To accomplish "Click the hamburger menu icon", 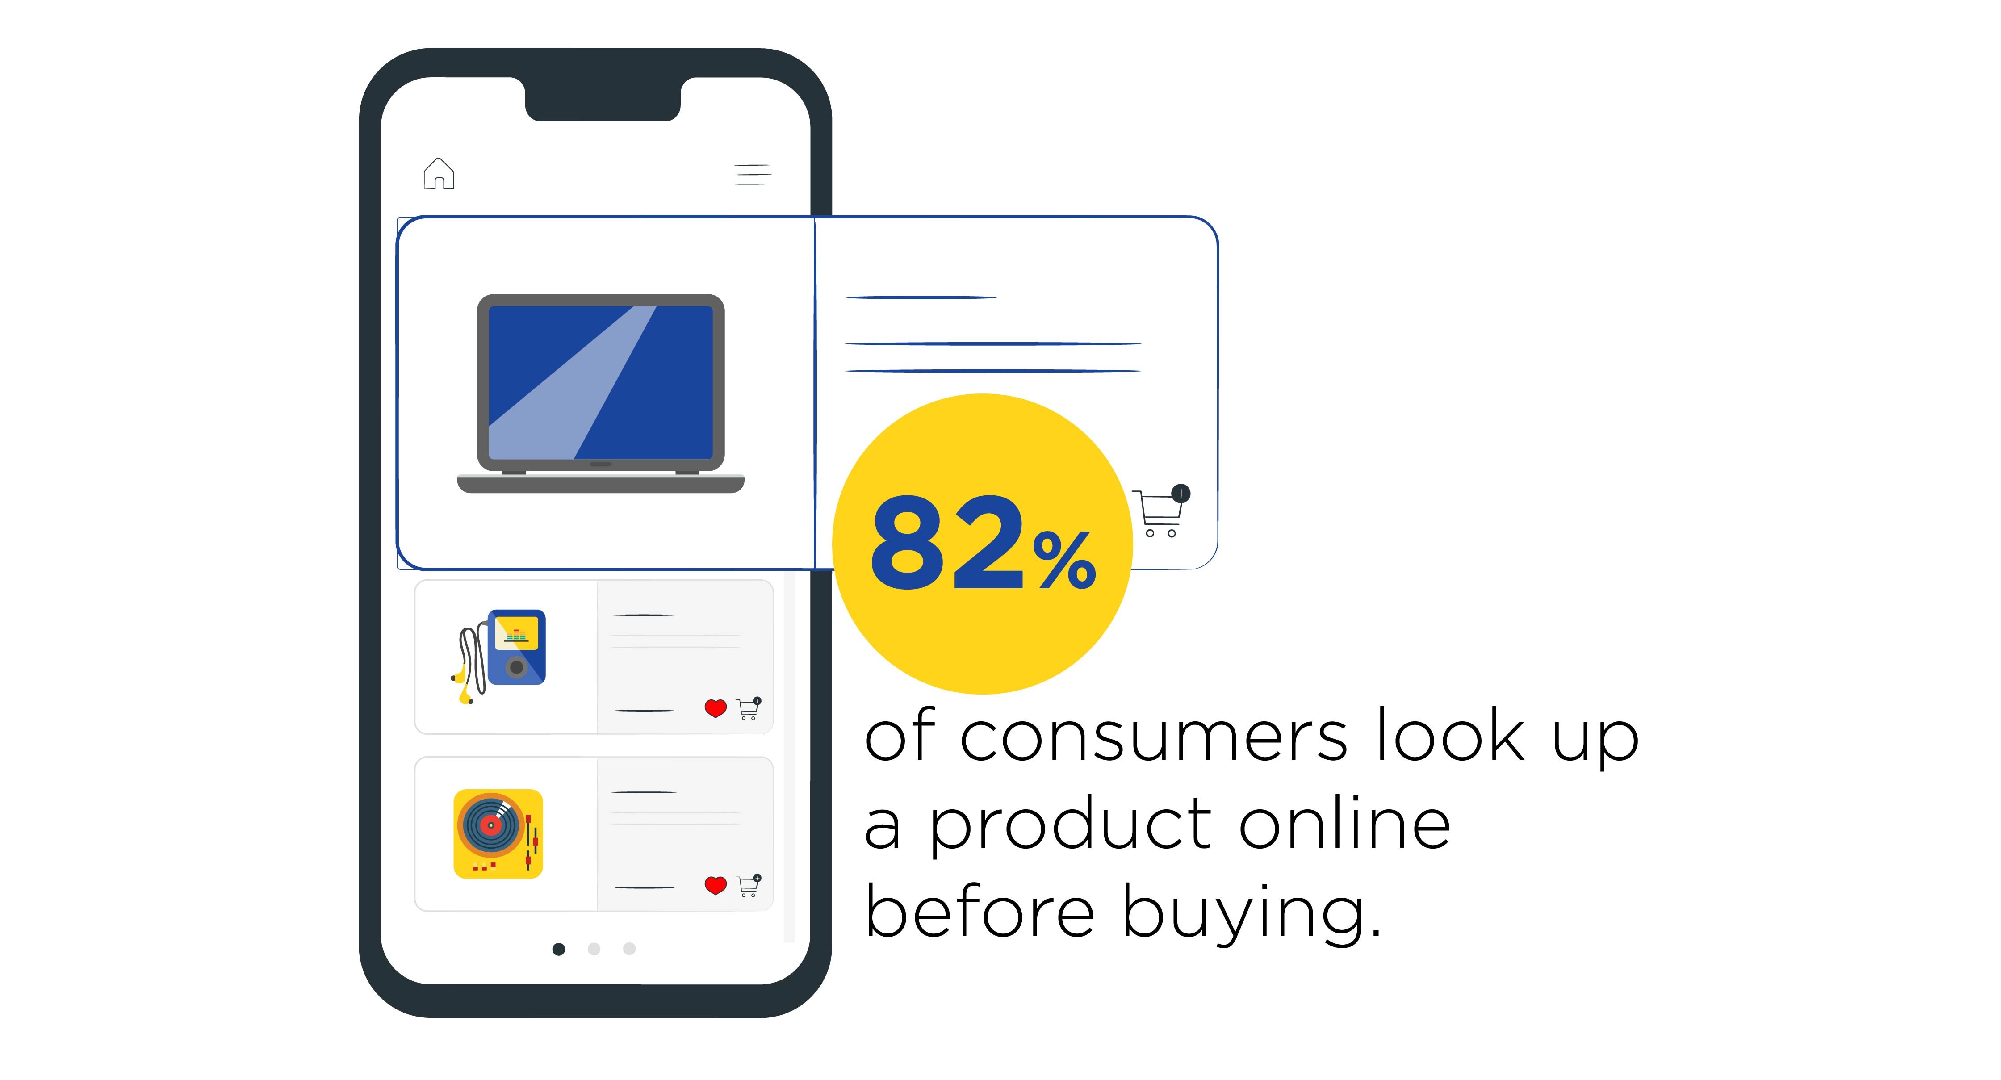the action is pos(753,174).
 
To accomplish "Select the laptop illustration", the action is pos(600,393).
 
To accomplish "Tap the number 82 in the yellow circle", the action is pos(948,543).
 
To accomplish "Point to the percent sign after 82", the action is pos(1065,559).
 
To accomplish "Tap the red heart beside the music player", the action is pos(716,708).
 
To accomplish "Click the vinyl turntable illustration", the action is pos(498,834).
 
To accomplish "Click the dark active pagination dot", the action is pos(558,949).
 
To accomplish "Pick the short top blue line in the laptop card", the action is pos(921,297).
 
